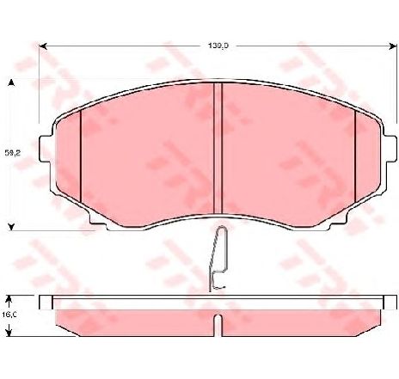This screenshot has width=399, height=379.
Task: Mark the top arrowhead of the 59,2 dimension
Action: [10, 82]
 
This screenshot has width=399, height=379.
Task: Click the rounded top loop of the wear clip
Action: [221, 229]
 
